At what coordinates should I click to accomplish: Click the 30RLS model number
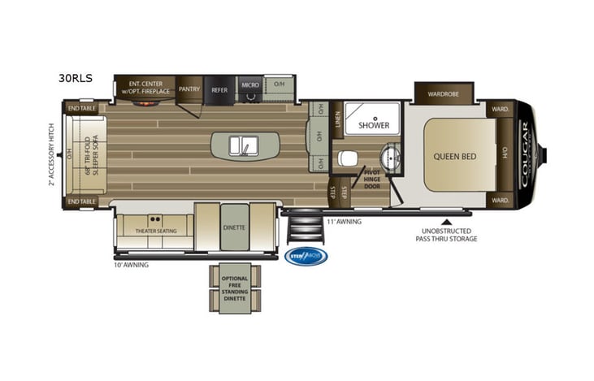coord(75,78)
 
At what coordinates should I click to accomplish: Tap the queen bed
coord(454,155)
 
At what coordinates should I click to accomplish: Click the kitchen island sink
coord(244,145)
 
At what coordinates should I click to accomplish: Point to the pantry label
coord(189,89)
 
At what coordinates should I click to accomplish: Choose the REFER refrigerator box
coord(219,89)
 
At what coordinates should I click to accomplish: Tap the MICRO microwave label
coord(249,84)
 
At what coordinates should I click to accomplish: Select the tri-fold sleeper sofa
coord(88,154)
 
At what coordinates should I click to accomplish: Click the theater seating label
coord(154,231)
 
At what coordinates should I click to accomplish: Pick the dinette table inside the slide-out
coord(233,227)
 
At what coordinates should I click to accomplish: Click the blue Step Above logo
coord(308,256)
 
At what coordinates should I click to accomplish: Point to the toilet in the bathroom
coord(347,157)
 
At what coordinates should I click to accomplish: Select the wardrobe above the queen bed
coord(443,93)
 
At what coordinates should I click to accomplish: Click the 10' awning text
coord(131,265)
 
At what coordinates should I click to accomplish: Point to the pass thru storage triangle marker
coord(445,219)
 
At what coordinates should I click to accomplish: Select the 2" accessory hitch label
coord(51,154)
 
